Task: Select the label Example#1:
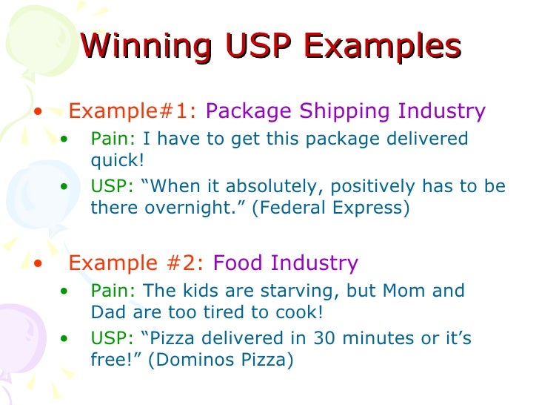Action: tap(133, 111)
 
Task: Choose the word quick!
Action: tap(116, 159)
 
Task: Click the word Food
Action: tap(238, 263)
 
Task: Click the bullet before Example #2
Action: tap(38, 263)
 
